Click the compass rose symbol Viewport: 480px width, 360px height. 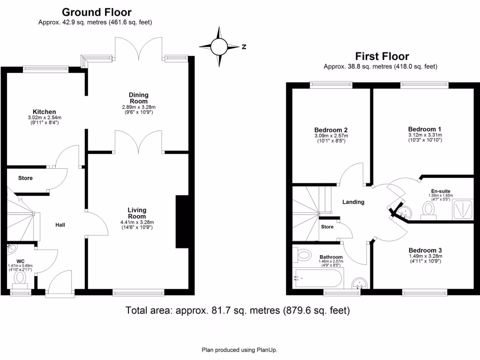tap(219, 46)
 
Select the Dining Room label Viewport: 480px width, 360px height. tap(138, 98)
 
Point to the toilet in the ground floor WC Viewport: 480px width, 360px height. tap(20, 277)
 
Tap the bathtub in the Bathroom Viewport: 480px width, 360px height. tap(318, 278)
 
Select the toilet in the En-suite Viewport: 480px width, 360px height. tap(428, 210)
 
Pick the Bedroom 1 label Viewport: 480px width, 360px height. tap(425, 129)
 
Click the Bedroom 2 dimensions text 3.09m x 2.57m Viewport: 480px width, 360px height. tap(331, 136)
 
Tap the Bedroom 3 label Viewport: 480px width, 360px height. tap(425, 250)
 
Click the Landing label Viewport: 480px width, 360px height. tap(353, 202)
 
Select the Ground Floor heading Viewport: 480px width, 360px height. tap(97, 12)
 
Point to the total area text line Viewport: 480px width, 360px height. tap(238, 310)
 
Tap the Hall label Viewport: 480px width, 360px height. tap(60, 225)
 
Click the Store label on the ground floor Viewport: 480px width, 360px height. tap(25, 178)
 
